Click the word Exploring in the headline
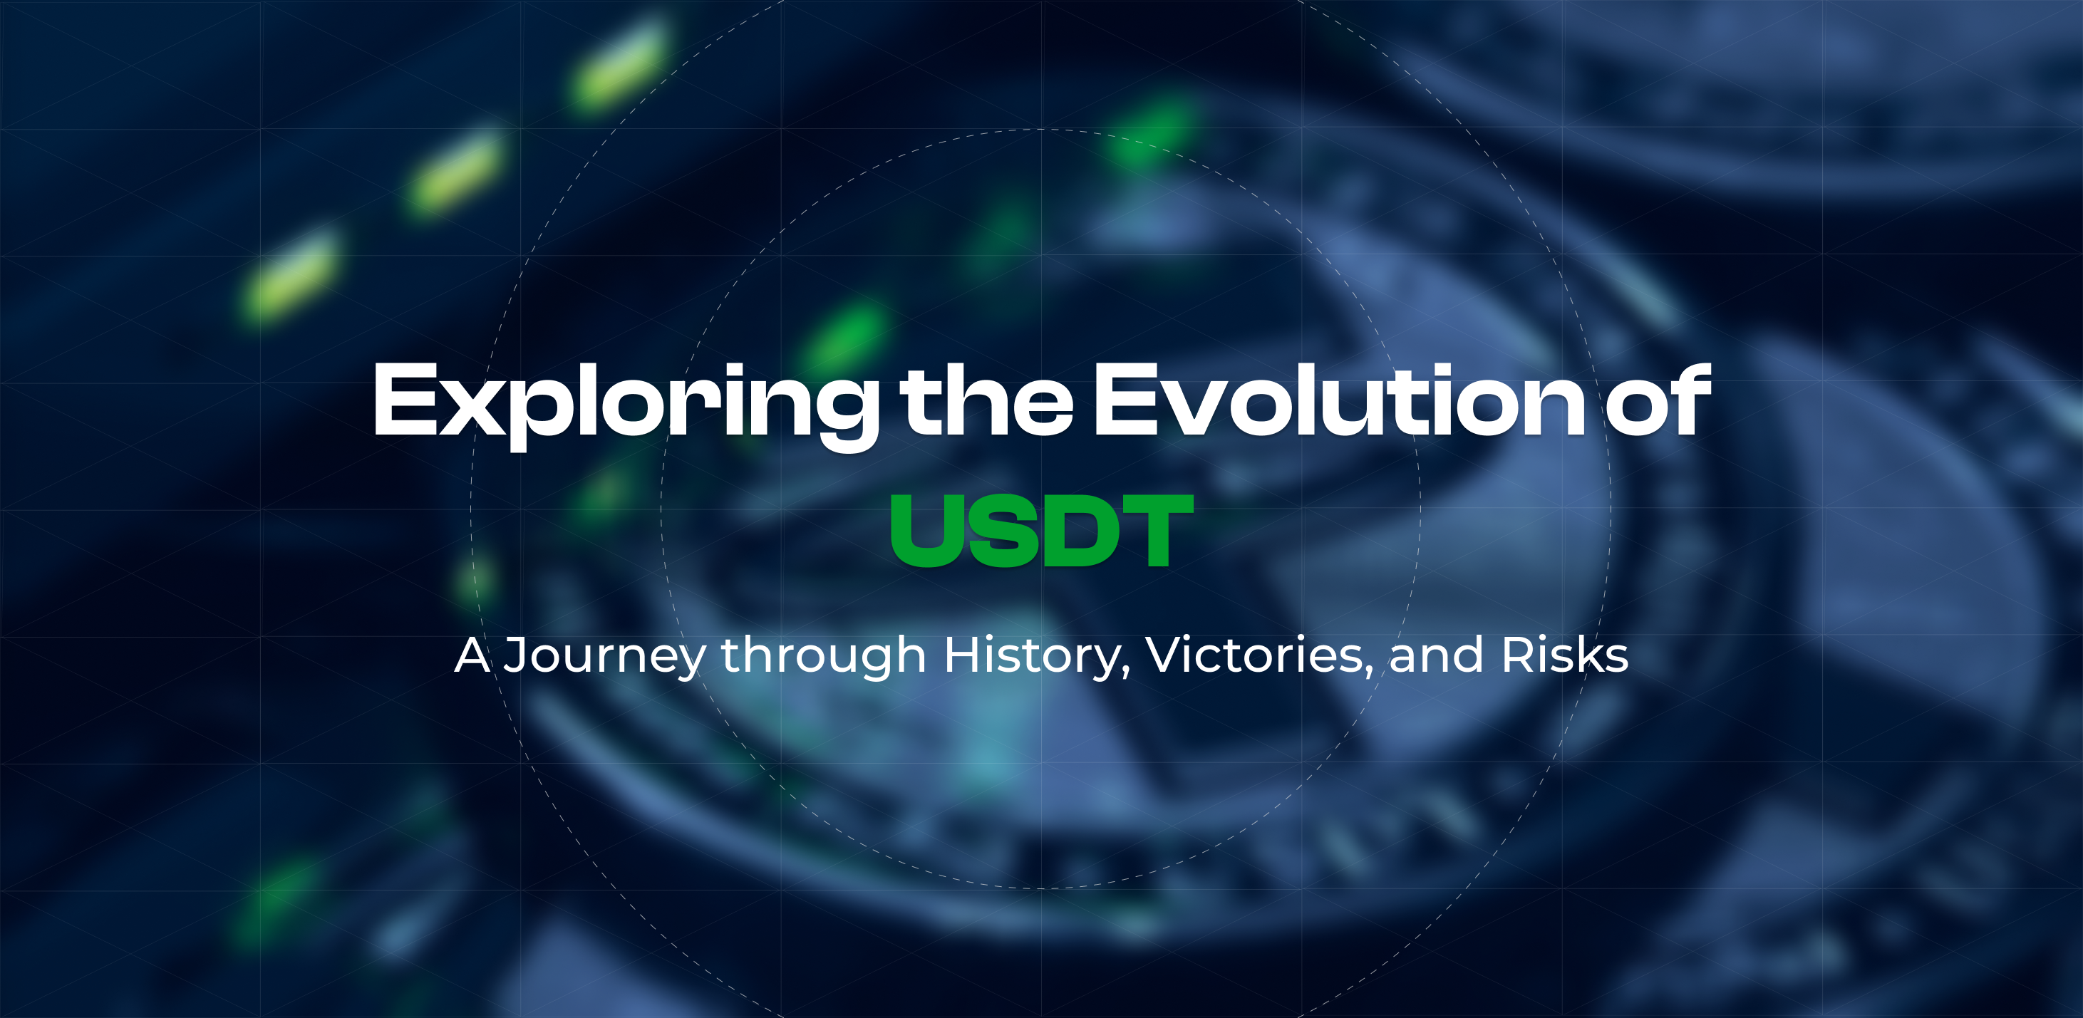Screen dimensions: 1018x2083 (624, 401)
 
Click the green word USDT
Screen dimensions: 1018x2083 (1042, 531)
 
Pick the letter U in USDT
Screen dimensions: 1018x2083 (926, 531)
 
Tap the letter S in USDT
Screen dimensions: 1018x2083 (1003, 531)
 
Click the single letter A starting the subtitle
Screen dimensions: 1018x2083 (472, 654)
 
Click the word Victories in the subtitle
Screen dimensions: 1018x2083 (1254, 654)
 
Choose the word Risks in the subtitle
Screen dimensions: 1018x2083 (1564, 654)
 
